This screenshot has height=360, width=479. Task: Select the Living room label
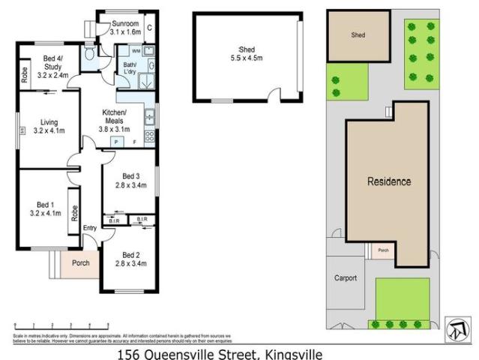tap(49, 126)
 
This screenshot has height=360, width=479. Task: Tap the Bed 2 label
tap(132, 259)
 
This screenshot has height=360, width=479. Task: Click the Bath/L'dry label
tap(124, 70)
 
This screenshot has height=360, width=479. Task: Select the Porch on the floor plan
tap(79, 263)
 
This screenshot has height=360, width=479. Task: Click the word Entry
tap(90, 228)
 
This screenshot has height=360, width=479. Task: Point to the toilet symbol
tap(90, 55)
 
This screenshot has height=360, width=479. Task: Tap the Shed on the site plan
tap(358, 35)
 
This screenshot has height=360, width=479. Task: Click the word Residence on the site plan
tap(388, 181)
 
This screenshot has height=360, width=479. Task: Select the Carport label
tap(345, 277)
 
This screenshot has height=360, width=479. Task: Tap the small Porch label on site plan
tap(382, 250)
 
